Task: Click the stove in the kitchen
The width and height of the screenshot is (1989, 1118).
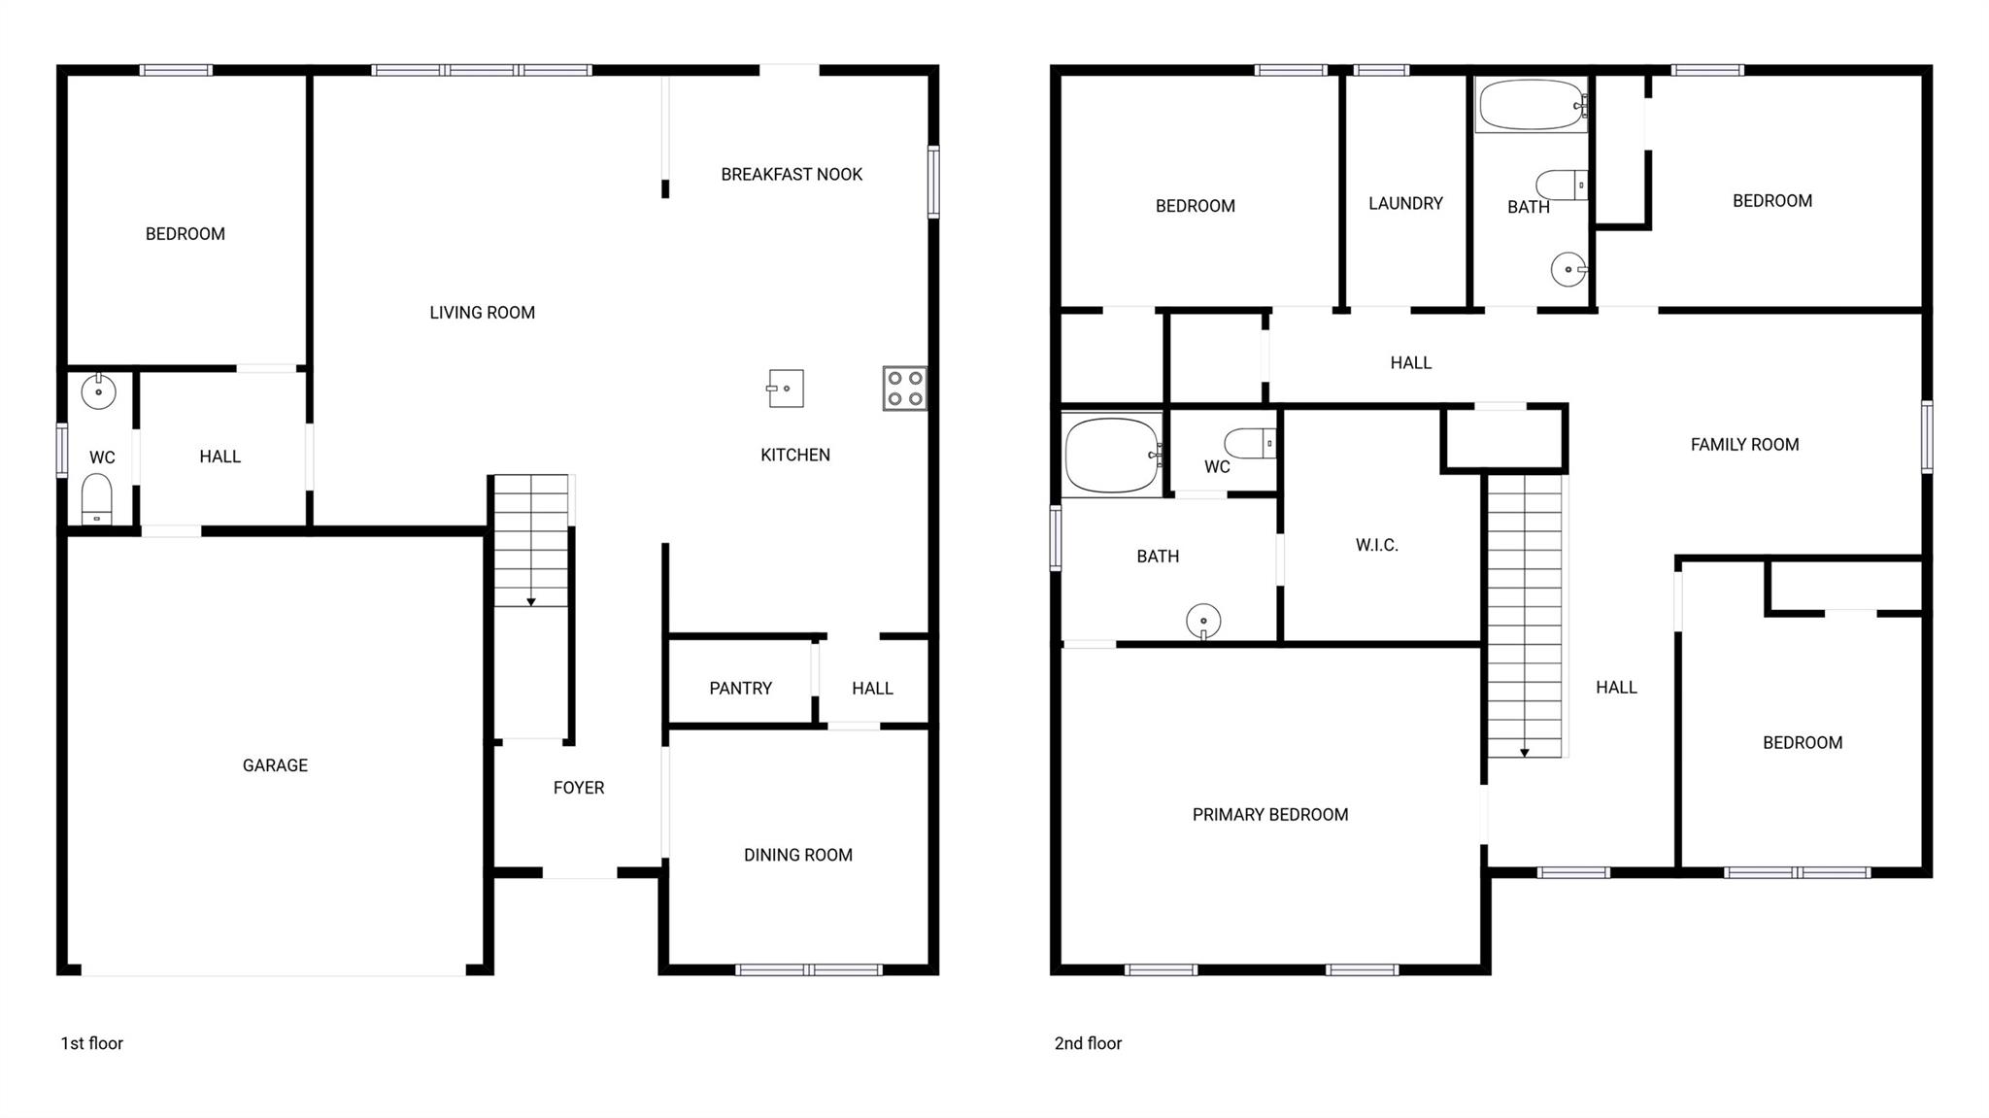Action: [x=904, y=389]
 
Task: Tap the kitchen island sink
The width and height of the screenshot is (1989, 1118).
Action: [x=785, y=389]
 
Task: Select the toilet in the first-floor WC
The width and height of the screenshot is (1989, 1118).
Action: [x=96, y=499]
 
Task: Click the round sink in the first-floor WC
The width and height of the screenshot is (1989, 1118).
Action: [x=98, y=391]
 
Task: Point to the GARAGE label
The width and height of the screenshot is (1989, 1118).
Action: [x=275, y=765]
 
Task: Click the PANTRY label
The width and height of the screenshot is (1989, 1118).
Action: [x=740, y=689]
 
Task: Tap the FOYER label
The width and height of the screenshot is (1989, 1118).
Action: [x=579, y=788]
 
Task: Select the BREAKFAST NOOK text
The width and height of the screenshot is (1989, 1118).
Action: [x=792, y=175]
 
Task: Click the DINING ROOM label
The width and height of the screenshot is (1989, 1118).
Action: [x=798, y=855]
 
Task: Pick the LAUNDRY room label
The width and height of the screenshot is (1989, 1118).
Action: [x=1405, y=203]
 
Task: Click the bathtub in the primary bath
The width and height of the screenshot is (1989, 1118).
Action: [x=1112, y=455]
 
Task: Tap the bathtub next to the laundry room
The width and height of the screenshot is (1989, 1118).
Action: [x=1532, y=105]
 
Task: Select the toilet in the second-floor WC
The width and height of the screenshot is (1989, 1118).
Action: [x=1250, y=444]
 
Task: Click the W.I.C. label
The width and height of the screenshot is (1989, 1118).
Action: [x=1377, y=545]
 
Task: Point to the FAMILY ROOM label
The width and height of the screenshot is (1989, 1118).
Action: [x=1744, y=445]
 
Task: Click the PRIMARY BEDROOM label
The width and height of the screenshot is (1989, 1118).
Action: [x=1270, y=815]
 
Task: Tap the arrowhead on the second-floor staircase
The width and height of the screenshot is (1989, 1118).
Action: [x=1525, y=752]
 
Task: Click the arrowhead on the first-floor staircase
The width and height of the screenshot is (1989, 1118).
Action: [x=531, y=602]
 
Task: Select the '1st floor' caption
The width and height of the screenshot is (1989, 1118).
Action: [x=92, y=1043]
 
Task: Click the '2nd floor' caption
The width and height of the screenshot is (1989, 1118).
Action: [x=1088, y=1043]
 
